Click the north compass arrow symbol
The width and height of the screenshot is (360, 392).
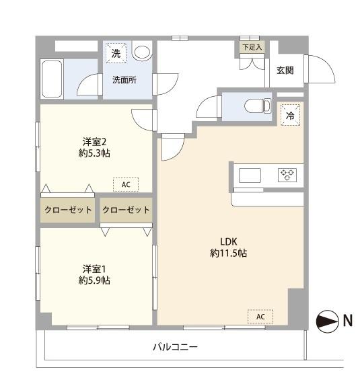pos(328,321)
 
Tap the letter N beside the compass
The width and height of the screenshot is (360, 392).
pos(348,321)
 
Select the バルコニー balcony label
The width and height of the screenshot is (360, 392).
pos(174,347)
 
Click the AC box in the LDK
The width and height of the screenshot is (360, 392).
pos(260,316)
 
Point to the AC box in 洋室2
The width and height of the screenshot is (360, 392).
pos(125,184)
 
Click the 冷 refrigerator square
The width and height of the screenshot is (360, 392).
pos(290,115)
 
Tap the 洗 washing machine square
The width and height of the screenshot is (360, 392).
pos(116,53)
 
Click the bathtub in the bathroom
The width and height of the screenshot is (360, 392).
pos(52,79)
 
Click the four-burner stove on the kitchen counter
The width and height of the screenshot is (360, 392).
pos(287,175)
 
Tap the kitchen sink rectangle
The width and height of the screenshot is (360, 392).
pos(250,175)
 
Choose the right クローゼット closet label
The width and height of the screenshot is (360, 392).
pos(126,210)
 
